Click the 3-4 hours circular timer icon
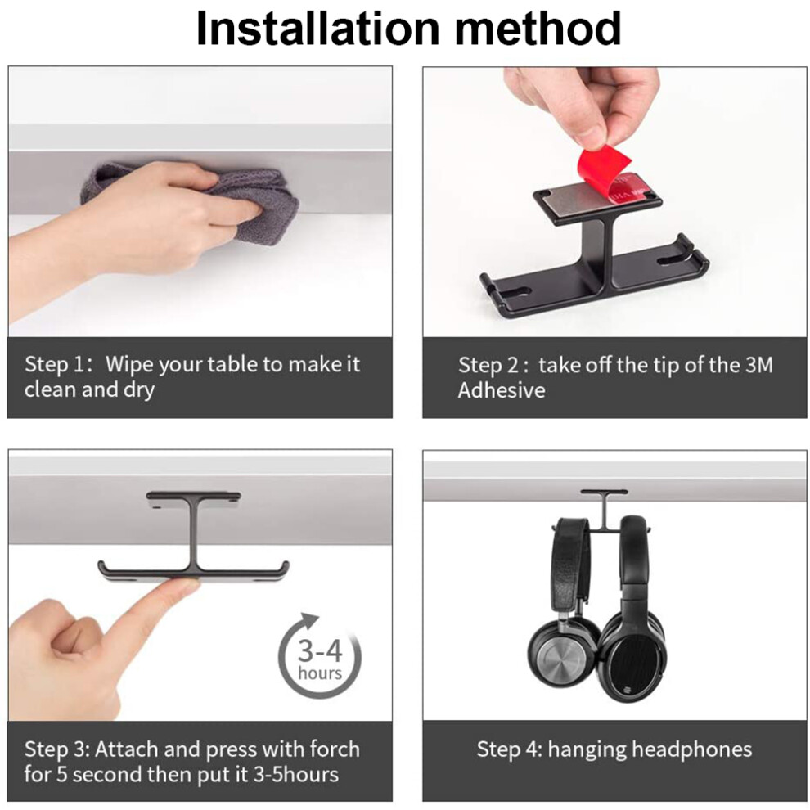[x=319, y=657]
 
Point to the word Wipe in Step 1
[x=129, y=365]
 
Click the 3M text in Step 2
[x=759, y=365]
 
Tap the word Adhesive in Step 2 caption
[x=501, y=390]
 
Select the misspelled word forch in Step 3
[x=335, y=749]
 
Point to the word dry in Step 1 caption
[x=139, y=390]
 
